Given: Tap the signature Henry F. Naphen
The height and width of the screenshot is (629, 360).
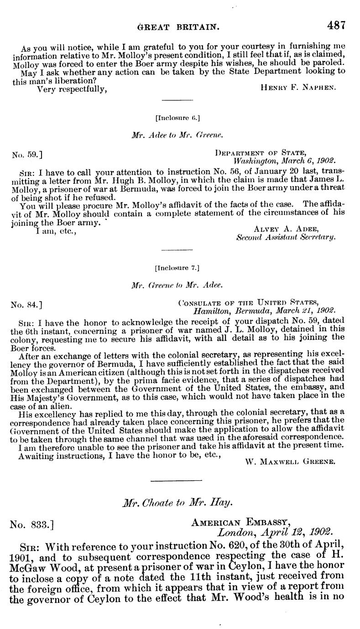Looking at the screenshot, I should pyautogui.click(x=298, y=88).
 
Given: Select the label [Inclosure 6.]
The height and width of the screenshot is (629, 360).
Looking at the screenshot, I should pyautogui.click(x=178, y=118).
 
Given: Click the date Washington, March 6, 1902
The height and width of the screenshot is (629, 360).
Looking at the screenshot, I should pyautogui.click(x=284, y=161).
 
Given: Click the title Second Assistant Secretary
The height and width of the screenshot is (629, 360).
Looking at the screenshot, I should pyautogui.click(x=286, y=237).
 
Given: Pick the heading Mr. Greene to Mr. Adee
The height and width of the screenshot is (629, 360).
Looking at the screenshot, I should pyautogui.click(x=177, y=285).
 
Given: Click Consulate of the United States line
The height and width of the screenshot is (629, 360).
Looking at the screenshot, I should pyautogui.click(x=248, y=302).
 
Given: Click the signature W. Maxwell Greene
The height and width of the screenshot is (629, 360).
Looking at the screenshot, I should pyautogui.click(x=290, y=448).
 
